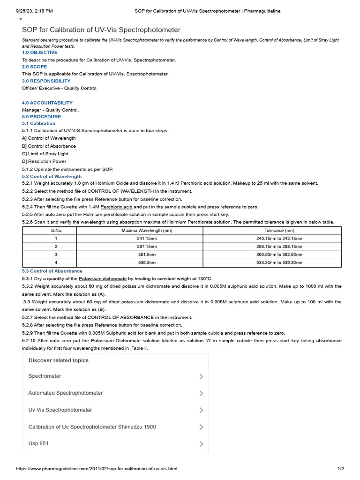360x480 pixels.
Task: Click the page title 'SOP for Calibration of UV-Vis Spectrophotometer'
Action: coord(101,30)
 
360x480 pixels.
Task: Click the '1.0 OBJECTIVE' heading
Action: coord(40,52)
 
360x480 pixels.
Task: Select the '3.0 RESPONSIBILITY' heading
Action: coord(46,81)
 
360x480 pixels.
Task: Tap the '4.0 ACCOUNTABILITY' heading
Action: coord(47,103)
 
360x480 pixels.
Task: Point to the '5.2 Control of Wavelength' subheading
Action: coord(52,177)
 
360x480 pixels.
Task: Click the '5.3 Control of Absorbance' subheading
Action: coord(52,271)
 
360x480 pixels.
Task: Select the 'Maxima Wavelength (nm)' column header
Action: coord(147,231)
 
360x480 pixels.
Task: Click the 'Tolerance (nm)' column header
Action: coord(279,231)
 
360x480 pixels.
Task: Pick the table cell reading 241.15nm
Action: coord(147,239)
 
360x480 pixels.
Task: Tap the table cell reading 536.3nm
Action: coord(147,262)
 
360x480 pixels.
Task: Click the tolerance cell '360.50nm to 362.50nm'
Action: coord(279,255)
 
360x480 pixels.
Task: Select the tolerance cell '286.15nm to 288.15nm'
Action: coord(279,247)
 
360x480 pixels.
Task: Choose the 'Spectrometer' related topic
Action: coord(45,376)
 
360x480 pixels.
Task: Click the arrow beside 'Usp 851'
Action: coord(201,444)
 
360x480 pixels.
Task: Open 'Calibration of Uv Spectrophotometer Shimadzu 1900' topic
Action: coord(92,427)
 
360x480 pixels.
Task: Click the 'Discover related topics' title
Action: coord(59,360)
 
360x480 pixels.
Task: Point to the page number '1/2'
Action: coord(341,469)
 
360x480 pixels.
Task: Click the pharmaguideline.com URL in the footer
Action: coord(97,469)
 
